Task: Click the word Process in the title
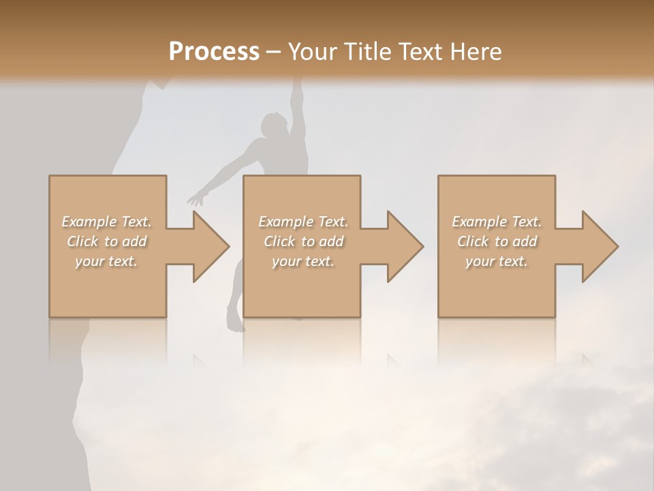click(214, 51)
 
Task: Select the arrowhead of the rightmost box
click(600, 246)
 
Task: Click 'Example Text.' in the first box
click(106, 222)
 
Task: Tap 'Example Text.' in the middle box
click(302, 222)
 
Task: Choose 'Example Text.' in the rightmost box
click(497, 222)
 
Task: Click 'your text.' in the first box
click(106, 261)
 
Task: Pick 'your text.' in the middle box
click(302, 261)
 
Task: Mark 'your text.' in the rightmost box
click(497, 261)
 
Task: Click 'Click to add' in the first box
click(106, 241)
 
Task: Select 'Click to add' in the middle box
click(302, 241)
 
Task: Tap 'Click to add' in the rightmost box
click(497, 241)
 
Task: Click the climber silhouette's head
click(273, 125)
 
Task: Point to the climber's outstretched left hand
click(196, 200)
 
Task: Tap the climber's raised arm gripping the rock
click(296, 102)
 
